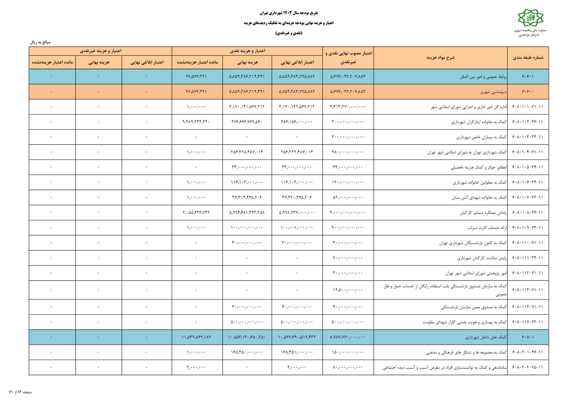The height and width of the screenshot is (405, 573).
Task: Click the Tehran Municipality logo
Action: pyautogui.click(x=530, y=18)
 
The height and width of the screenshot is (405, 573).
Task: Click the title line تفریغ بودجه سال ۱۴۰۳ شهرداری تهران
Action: pyautogui.click(x=288, y=13)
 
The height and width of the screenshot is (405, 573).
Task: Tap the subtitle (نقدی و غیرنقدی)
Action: pyautogui.click(x=288, y=33)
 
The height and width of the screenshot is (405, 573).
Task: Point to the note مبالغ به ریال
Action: pyautogui.click(x=40, y=42)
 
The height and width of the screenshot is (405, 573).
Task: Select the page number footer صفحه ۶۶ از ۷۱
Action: pyautogui.click(x=20, y=392)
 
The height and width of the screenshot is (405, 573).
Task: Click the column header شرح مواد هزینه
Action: pyautogui.click(x=440, y=58)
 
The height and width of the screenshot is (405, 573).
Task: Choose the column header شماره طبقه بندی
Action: pyautogui.click(x=528, y=58)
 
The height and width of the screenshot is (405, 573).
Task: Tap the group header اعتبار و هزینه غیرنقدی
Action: pyautogui.click(x=100, y=51)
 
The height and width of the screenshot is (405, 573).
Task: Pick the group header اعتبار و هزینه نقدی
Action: pyautogui.click(x=247, y=51)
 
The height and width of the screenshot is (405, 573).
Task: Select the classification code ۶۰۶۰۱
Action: pyautogui.click(x=528, y=77)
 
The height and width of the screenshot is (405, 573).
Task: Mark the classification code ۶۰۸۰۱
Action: pyautogui.click(x=528, y=337)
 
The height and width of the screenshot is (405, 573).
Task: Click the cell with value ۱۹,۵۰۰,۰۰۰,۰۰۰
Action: pyautogui.click(x=348, y=290)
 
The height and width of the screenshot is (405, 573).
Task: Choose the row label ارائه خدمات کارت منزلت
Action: pyautogui.click(x=487, y=228)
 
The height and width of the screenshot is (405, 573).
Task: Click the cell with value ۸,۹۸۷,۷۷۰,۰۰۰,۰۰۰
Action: pyautogui.click(x=348, y=337)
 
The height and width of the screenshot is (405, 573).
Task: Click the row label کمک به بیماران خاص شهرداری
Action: pyautogui.click(x=481, y=137)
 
